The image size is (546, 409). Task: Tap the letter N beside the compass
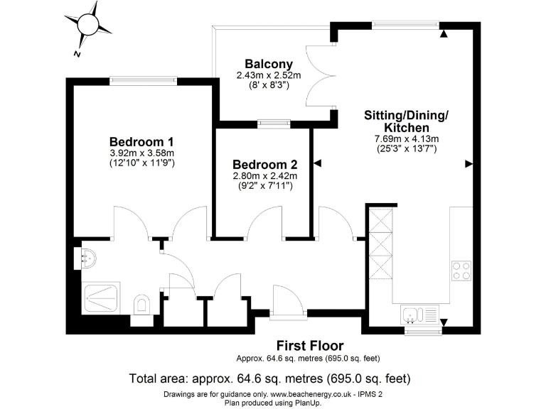(76, 54)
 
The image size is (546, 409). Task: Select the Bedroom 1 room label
(141, 141)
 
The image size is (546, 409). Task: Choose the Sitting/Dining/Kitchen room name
(406, 120)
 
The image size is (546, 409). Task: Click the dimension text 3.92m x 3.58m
(141, 153)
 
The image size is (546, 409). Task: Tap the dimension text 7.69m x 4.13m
(406, 138)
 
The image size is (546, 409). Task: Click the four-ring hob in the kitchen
(461, 271)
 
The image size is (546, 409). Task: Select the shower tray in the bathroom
(102, 298)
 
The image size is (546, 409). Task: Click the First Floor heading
(310, 346)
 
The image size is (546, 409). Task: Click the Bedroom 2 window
(273, 123)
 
